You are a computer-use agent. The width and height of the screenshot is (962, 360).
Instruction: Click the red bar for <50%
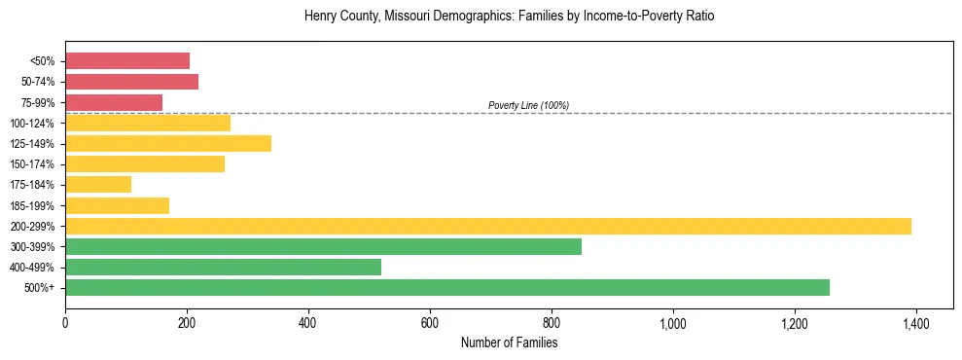tap(127, 61)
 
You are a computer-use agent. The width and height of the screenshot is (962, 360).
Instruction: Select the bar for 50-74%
tap(131, 82)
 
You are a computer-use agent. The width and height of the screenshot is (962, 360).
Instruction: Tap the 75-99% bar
tap(114, 102)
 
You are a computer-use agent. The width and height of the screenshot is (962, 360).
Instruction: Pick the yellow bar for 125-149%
tap(168, 144)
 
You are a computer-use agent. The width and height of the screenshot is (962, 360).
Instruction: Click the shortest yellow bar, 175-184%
tap(98, 185)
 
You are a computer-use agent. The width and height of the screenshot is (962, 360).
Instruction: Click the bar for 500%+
tap(447, 287)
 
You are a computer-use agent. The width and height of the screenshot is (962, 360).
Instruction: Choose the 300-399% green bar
tap(323, 246)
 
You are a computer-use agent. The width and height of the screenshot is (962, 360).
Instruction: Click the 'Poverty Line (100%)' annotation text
tap(528, 105)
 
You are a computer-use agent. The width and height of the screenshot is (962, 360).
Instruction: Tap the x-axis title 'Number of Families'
tap(509, 342)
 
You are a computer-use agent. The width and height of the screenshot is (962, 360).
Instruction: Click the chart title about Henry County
tap(509, 17)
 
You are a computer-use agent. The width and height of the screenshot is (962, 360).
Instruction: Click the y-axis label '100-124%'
tap(33, 124)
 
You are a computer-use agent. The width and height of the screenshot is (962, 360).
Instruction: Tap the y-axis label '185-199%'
tap(33, 205)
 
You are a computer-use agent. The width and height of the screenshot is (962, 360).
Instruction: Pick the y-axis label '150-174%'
tap(33, 164)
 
